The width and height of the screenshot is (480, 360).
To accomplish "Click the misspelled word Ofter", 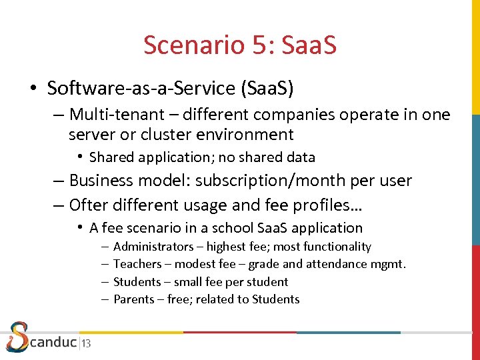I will pyautogui.click(x=89, y=204).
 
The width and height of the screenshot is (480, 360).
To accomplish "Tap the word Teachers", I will pyautogui.click(x=137, y=264).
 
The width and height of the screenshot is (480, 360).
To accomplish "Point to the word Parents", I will pyautogui.click(x=133, y=299).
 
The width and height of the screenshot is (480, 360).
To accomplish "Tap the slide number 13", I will pyautogui.click(x=87, y=344).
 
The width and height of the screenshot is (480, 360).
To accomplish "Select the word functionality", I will pyautogui.click(x=336, y=247).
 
